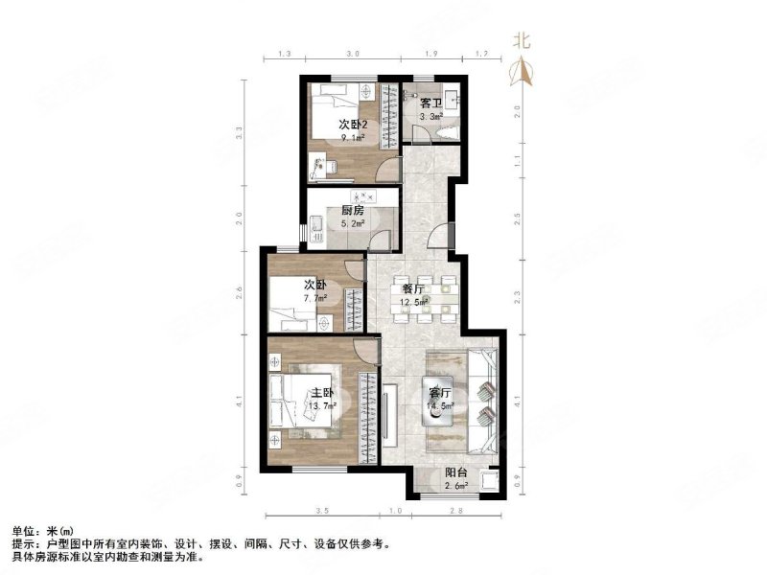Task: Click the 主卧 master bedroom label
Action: (321, 393)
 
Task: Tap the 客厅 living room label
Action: (440, 393)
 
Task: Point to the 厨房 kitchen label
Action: (352, 211)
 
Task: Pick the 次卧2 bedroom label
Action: (353, 123)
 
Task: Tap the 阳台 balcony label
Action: (456, 472)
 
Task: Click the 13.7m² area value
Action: (320, 407)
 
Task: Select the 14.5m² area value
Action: (440, 406)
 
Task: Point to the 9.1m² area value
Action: (353, 138)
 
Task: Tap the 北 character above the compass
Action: (522, 40)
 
